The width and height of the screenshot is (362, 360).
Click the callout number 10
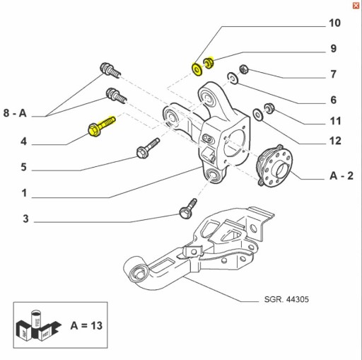[334, 23]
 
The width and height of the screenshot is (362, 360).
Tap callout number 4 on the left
[23, 141]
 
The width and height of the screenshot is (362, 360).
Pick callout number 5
[23, 168]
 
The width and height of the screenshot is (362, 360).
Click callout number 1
[23, 192]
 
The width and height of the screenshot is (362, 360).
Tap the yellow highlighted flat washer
[196, 69]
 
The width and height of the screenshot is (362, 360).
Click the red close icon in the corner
[355, 5]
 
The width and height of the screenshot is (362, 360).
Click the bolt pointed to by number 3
[187, 207]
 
